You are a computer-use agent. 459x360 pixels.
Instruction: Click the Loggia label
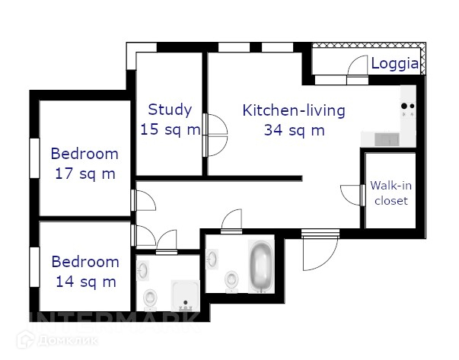(x=395, y=64)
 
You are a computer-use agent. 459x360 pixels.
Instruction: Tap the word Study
(x=170, y=110)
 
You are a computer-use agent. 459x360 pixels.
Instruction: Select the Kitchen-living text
(x=294, y=110)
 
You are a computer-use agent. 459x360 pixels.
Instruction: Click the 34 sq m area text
(x=294, y=130)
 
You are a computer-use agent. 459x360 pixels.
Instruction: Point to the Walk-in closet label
(x=391, y=193)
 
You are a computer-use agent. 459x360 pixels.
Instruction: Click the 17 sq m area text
(x=85, y=174)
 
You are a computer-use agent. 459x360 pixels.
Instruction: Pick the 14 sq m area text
(x=86, y=282)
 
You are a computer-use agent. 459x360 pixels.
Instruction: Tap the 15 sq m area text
(x=171, y=129)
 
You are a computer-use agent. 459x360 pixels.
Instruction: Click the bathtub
(x=261, y=266)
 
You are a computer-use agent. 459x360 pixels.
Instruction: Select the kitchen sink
(x=387, y=139)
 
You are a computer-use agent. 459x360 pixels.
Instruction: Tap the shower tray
(x=185, y=295)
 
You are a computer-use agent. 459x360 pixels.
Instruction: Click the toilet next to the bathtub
(x=232, y=281)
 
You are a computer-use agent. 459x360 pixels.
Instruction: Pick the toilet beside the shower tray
(x=150, y=299)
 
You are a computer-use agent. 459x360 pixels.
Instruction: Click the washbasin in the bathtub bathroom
(x=212, y=259)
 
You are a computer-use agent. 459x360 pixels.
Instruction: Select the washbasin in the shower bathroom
(x=143, y=270)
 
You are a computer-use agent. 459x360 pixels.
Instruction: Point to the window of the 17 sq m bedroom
(x=34, y=158)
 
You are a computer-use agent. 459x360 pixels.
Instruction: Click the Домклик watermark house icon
(x=26, y=339)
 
